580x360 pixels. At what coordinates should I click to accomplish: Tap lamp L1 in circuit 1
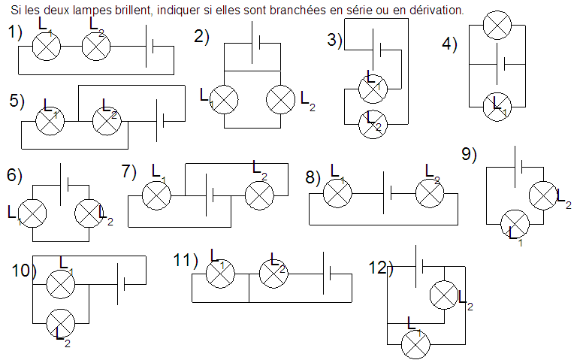[x=46, y=47]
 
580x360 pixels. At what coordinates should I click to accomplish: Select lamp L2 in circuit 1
[x=95, y=47]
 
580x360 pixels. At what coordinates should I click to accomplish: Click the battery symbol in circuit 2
[x=256, y=44]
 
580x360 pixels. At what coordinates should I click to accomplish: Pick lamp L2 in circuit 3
[x=372, y=123]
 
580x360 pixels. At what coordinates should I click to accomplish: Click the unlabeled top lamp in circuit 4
[x=496, y=26]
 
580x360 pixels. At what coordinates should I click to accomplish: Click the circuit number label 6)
[x=14, y=175]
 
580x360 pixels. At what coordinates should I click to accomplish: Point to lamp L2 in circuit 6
[x=89, y=213]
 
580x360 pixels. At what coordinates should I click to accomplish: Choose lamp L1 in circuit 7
[x=156, y=196]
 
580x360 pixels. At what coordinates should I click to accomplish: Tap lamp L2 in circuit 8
[x=430, y=194]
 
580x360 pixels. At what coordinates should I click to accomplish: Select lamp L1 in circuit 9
[x=516, y=223]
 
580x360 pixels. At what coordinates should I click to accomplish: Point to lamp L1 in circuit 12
[x=415, y=344]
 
